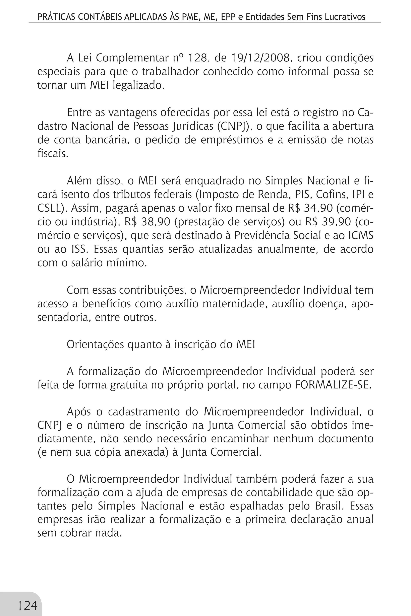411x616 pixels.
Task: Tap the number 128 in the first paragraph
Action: click(198, 58)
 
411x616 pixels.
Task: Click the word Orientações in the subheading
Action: click(95, 344)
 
